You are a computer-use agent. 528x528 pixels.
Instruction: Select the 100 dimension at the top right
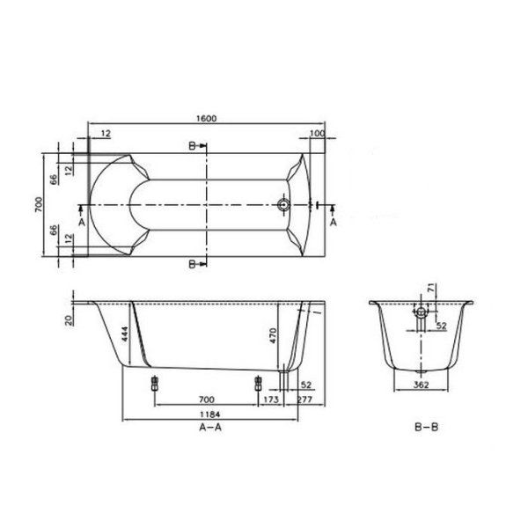coord(317,133)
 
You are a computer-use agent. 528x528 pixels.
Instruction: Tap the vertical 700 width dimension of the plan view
coord(40,206)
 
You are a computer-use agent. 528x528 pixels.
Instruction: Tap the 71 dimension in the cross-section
coord(430,288)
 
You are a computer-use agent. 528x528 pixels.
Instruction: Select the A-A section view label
coord(209,429)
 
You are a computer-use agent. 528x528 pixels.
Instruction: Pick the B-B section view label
coord(424,429)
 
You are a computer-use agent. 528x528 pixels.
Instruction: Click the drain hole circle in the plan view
coord(284,206)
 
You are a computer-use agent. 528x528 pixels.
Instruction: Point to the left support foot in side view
coord(154,383)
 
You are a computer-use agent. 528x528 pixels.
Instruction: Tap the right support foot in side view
coord(257,383)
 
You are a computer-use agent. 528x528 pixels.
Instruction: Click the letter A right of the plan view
coord(333,224)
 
